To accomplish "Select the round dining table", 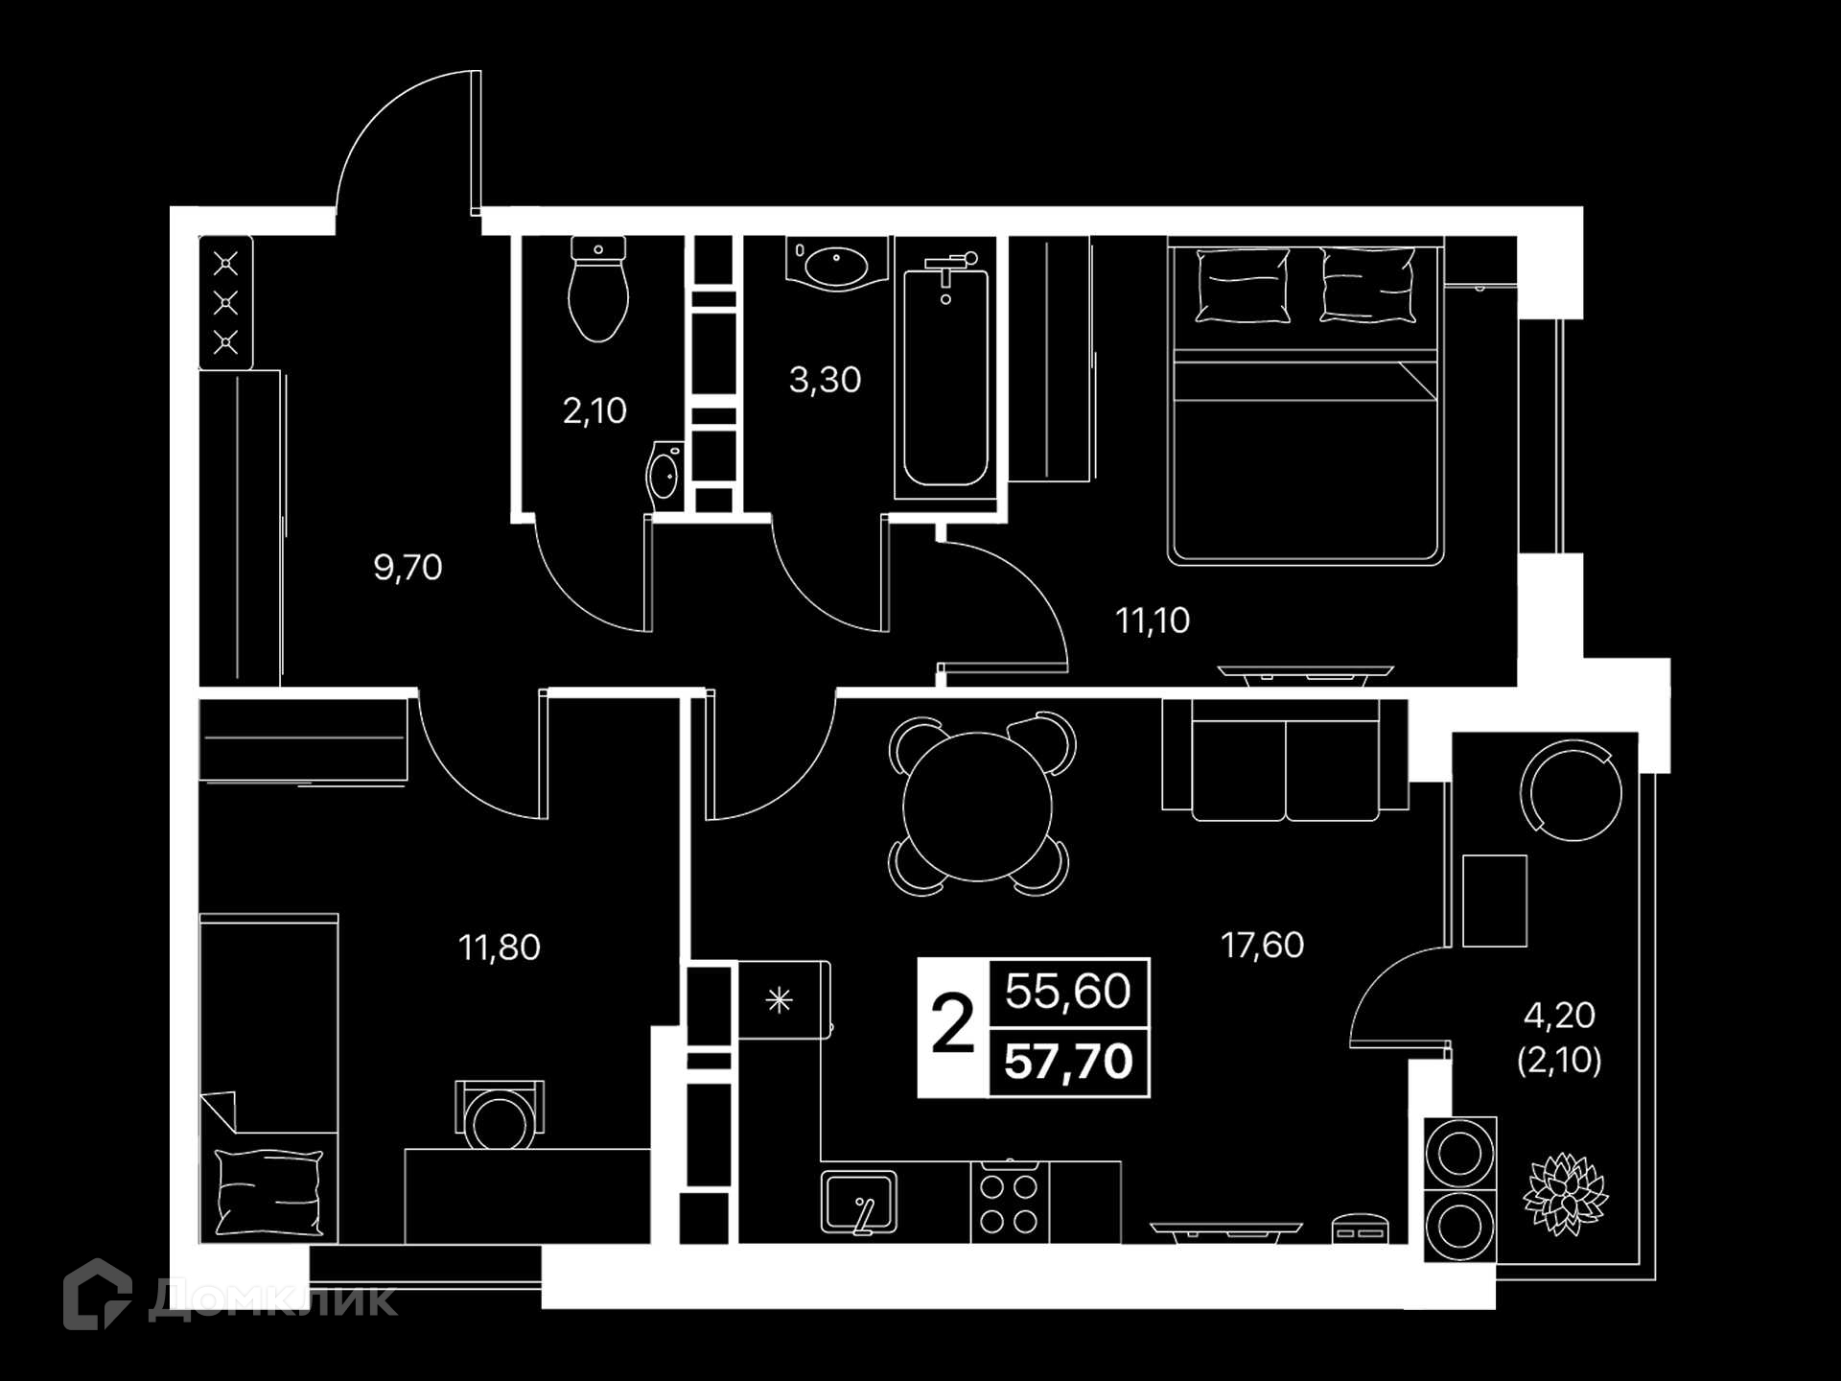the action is (978, 806).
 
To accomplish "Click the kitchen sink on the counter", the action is (859, 1202).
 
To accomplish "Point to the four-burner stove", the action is (1010, 1203).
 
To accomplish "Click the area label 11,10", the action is (1153, 620).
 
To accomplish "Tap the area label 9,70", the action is (408, 568).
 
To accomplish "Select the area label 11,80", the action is (500, 948).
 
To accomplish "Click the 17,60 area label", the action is (1262, 946).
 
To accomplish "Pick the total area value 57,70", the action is (1069, 1062).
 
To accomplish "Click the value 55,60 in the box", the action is (1068, 991).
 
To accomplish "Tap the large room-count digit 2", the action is (953, 1024).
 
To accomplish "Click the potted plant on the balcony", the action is (1565, 1194).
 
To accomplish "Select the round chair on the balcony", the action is (1571, 789).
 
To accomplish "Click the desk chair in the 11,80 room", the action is (500, 1113).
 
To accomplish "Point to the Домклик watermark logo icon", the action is (97, 1294).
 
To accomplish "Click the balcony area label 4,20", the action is (1559, 1015).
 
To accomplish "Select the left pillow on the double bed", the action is (1243, 284).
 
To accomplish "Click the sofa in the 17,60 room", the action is (1285, 761).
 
